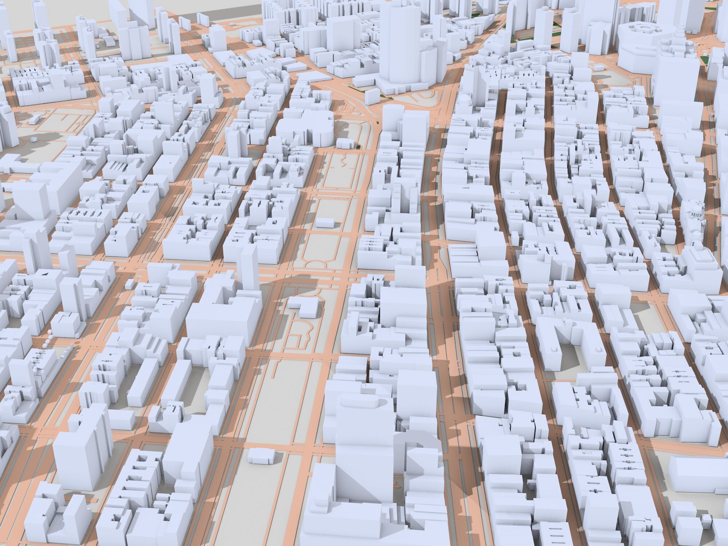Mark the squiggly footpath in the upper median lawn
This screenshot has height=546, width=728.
tap(342, 160)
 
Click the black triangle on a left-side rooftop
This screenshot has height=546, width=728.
tap(45, 273)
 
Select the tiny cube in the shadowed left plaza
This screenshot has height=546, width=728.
tap(33, 139)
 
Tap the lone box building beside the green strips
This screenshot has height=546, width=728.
tap(371, 96)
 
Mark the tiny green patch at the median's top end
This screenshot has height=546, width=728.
tap(358, 147)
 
